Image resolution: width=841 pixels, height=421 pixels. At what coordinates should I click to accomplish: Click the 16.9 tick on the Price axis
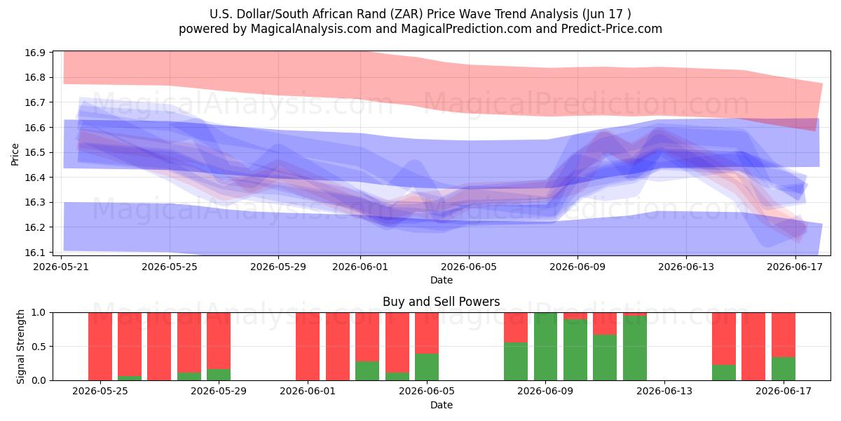35,53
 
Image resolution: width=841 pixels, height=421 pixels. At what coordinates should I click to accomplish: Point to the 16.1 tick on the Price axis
35,252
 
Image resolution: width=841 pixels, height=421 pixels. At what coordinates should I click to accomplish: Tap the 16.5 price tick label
35,152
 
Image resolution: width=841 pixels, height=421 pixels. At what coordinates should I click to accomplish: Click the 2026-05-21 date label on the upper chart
61,267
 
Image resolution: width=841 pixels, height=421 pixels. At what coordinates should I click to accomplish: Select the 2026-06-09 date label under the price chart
577,267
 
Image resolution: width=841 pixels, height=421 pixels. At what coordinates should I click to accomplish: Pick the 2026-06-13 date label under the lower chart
664,391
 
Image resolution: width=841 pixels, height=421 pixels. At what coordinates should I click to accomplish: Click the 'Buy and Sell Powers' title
441,302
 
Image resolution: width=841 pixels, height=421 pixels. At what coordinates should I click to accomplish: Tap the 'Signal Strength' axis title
20,347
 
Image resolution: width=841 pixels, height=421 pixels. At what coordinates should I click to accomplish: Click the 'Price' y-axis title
15,154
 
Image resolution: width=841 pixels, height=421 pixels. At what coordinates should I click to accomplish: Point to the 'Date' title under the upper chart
441,280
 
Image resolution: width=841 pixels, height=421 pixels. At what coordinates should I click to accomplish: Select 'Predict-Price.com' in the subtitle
612,29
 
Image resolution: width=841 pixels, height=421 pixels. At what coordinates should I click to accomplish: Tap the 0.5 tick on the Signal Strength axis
38,346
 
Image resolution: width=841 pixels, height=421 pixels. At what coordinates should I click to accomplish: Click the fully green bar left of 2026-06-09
545,347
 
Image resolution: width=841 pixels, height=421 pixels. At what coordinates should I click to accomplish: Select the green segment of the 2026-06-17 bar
784,369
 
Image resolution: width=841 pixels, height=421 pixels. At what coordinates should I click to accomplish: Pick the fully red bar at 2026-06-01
308,347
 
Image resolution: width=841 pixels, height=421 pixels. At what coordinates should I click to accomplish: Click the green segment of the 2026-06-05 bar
427,367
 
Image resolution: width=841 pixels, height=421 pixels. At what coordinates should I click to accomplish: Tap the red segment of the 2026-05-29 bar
219,341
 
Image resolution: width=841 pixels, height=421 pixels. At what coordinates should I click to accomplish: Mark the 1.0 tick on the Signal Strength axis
38,312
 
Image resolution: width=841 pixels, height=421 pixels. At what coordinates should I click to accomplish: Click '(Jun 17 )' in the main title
607,14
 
